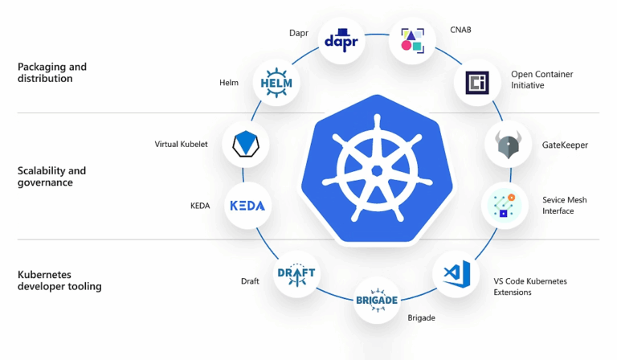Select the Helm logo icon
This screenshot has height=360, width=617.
[276, 83]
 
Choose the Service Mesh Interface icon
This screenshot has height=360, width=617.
[505, 206]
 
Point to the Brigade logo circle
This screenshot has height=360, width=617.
[377, 300]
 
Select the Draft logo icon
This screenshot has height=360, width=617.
[296, 275]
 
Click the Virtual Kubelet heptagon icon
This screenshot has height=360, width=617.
[245, 144]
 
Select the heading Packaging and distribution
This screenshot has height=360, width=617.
[51, 72]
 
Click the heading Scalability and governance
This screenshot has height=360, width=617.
[51, 176]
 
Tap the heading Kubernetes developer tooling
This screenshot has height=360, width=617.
[59, 280]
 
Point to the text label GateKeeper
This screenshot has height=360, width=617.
[566, 145]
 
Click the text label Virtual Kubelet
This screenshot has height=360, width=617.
[181, 145]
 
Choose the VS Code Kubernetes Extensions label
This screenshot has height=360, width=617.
[530, 287]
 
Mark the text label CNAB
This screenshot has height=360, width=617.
[460, 30]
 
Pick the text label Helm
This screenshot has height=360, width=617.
[229, 83]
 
